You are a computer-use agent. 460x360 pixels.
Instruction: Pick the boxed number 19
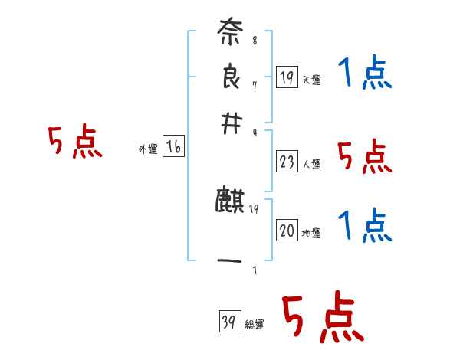tap(287, 77)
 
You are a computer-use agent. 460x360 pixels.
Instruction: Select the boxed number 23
tap(287, 162)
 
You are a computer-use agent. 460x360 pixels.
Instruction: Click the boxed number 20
tap(287, 231)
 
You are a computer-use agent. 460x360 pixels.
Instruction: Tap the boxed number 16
tap(173, 148)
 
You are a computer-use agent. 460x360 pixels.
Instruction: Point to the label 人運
tap(311, 164)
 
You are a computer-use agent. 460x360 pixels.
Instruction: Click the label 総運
tap(255, 325)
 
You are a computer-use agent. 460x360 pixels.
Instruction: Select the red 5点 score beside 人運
tap(364, 157)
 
